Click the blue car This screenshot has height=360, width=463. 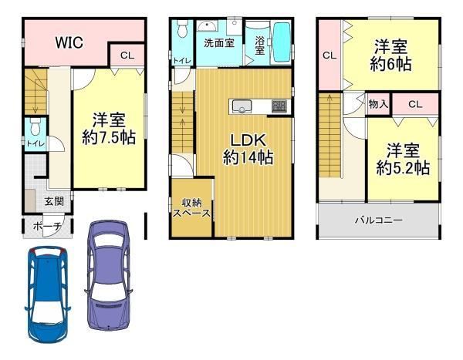(x=47, y=294)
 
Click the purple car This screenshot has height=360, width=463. (x=109, y=275)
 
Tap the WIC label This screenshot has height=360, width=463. (x=69, y=43)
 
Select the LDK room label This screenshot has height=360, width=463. (x=248, y=140)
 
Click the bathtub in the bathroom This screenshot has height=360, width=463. (x=282, y=42)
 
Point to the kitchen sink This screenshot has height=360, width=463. (x=242, y=106)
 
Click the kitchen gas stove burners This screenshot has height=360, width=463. (x=279, y=106)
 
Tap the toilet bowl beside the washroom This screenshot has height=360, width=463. (x=182, y=29)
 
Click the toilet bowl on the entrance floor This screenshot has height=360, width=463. (x=35, y=126)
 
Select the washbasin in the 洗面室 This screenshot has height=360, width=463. (x=208, y=25)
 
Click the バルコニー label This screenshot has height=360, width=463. (x=379, y=220)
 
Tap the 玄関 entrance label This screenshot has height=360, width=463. (x=54, y=201)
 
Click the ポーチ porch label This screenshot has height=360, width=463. (x=47, y=227)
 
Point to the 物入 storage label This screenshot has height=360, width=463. (x=378, y=104)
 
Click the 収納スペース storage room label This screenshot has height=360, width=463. (x=191, y=207)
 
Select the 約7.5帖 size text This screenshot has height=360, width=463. (x=109, y=137)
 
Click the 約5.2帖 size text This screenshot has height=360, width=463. (x=403, y=168)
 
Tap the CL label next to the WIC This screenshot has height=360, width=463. (x=127, y=56)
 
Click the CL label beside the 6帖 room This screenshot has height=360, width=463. (x=330, y=56)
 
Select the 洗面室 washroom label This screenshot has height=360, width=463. (x=219, y=43)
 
